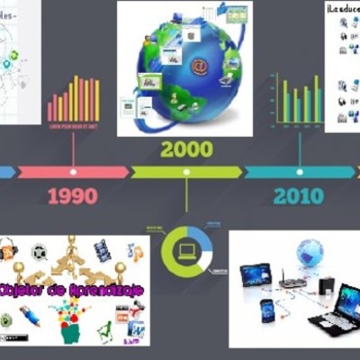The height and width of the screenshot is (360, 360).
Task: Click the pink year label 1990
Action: [72, 196]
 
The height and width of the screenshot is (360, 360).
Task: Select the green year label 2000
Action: [186, 148]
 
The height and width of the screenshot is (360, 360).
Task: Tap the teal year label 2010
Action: [299, 196]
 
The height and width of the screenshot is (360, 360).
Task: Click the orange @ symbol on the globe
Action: [199, 67]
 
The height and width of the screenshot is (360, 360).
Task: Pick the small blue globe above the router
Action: [310, 251]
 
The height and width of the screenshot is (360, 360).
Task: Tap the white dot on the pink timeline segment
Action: [73, 171]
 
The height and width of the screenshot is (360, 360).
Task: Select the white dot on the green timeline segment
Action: [186, 171]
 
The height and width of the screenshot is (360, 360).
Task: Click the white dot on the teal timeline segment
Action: [299, 171]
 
